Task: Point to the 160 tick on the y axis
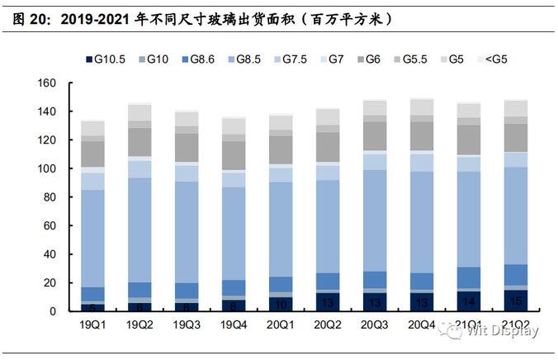(x=46, y=83)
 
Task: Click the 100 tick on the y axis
(x=46, y=168)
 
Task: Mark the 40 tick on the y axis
(x=49, y=254)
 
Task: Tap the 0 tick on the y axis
(x=52, y=311)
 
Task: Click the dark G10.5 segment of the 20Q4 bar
(x=423, y=303)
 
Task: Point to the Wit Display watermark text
(x=499, y=332)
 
